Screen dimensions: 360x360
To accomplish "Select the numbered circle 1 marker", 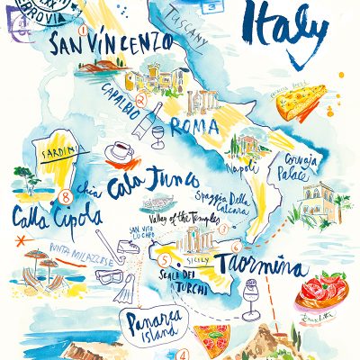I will tap(82, 29).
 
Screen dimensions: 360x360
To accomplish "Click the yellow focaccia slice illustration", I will tap(301, 102).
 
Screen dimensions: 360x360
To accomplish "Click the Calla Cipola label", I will tap(44, 217).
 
